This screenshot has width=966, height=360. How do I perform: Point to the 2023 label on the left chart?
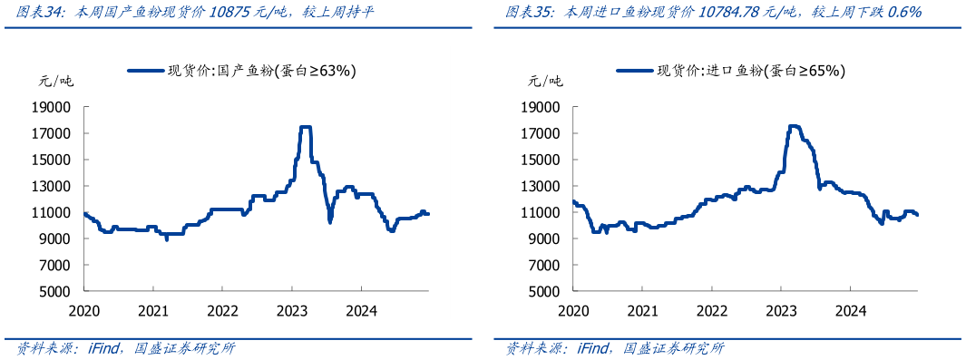[x=291, y=310]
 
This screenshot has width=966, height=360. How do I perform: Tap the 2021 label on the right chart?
[x=642, y=310]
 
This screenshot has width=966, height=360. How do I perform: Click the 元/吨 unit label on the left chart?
[x=56, y=81]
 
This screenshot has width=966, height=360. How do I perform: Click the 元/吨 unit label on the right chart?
[x=545, y=81]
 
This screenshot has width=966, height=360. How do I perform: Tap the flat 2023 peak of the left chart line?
[x=306, y=127]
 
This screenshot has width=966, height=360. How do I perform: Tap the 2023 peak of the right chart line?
[x=795, y=126]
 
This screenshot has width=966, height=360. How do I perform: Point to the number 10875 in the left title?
[x=229, y=13]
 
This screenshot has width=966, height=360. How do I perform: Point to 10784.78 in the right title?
[x=735, y=13]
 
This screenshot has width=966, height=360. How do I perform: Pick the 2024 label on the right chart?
[x=849, y=310]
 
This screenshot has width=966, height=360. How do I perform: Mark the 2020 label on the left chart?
[x=84, y=310]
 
